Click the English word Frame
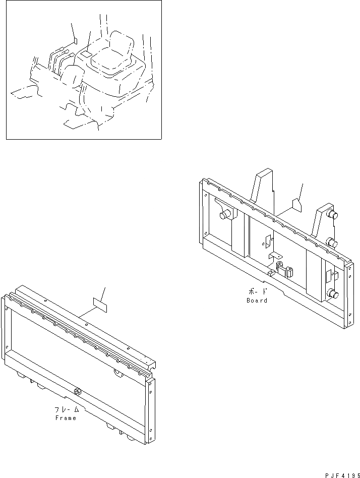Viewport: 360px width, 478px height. [66, 418]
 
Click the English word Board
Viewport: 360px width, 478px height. [257, 301]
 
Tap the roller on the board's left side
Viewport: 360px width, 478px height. [223, 215]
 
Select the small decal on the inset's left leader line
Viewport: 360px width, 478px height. [74, 40]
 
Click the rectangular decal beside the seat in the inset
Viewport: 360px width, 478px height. [87, 53]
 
